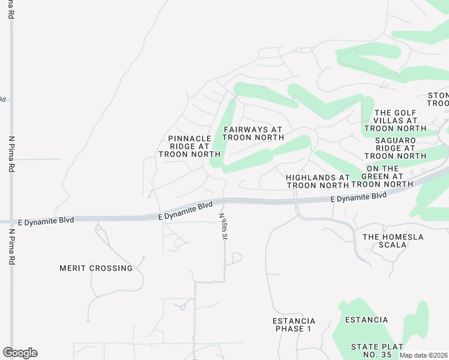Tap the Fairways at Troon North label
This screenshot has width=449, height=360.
pos(253,133)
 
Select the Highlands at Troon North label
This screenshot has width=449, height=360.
pos(318,181)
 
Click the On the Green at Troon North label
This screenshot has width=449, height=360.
pos(382,176)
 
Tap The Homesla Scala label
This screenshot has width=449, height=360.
pos(393,241)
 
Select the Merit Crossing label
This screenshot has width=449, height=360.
pos(96,268)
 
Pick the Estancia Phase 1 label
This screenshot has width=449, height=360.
pos(294,325)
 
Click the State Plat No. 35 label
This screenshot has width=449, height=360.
pos(378,351)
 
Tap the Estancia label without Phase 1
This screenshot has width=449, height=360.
pos(367,320)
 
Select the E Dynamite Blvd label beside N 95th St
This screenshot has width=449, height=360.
pos(185,210)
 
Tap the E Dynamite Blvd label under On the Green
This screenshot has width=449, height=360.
pos(358,198)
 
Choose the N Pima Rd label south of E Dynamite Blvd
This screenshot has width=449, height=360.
pos(11,246)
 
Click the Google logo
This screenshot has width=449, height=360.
pos(20,353)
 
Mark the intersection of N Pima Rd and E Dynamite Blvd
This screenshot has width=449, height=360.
pos(11,220)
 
